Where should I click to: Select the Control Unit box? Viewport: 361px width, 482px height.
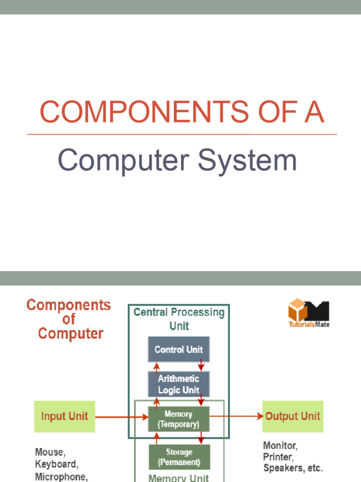179,349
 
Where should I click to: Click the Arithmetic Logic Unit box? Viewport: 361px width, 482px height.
179,384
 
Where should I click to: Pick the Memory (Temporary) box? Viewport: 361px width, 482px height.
179,419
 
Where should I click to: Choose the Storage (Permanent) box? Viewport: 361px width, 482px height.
179,457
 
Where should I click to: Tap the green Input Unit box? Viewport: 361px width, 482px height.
64,417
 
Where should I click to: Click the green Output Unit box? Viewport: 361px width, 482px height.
292,417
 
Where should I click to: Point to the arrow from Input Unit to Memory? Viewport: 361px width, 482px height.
121,417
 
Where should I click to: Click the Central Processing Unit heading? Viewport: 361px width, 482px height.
179,319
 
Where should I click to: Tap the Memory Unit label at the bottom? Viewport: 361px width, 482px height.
179,477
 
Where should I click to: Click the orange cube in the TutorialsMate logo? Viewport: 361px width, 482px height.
298,310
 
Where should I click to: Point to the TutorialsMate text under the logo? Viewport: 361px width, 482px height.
309,325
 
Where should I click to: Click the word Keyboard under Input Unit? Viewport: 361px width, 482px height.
56,464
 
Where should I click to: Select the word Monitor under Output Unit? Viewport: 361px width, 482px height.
280,445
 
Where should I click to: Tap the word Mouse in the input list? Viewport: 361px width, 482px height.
50,452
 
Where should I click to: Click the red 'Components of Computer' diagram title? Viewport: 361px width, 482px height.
69,319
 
